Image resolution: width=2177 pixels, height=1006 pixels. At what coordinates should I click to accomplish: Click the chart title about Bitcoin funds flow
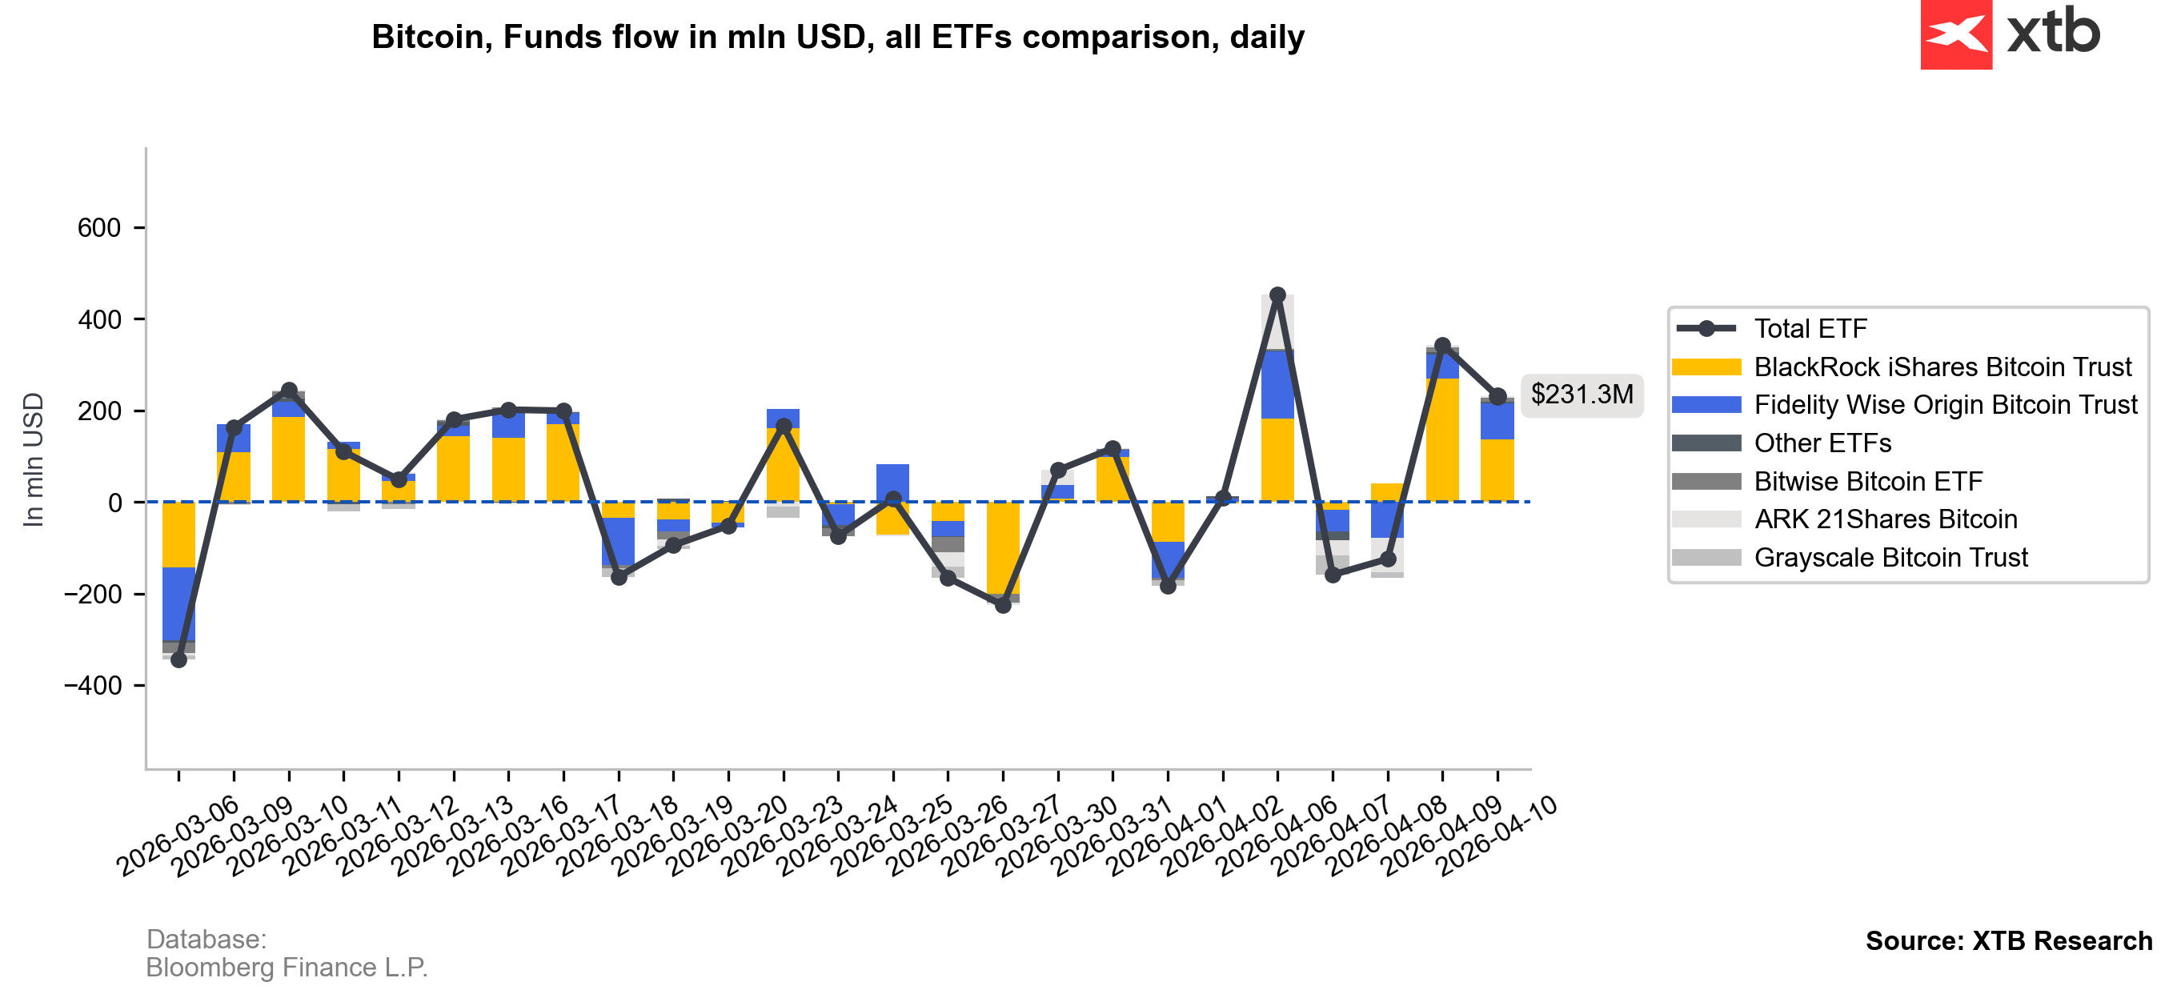point(837,37)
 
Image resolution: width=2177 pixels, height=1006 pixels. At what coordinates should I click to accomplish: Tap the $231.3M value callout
point(1582,395)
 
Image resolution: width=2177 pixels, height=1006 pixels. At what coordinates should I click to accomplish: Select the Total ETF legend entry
point(1810,329)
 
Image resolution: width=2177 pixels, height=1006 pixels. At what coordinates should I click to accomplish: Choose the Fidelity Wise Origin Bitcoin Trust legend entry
point(1945,405)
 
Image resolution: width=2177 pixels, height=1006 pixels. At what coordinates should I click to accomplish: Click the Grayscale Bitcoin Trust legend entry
point(1890,558)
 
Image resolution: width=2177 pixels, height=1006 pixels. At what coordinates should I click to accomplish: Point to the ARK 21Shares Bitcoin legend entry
point(1885,519)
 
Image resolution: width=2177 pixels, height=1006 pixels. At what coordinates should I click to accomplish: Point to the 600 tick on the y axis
point(99,228)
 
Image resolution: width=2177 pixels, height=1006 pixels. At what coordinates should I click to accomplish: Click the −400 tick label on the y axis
point(92,686)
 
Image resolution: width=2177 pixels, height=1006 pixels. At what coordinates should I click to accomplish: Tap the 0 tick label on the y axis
point(115,503)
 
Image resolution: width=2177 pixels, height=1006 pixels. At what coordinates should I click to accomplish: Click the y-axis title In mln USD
point(33,460)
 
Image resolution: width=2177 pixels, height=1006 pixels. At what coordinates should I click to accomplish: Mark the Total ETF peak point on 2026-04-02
point(1277,295)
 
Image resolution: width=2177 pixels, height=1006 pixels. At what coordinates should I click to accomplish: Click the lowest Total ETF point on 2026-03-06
point(178,659)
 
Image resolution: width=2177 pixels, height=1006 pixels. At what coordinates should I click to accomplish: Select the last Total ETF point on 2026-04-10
point(1497,396)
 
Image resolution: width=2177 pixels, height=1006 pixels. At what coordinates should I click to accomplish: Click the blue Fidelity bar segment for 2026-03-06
point(178,604)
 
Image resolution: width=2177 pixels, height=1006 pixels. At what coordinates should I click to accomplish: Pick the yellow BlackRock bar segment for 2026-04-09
point(1441,439)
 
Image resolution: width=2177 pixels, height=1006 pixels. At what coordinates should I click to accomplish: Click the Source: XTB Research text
point(2008,941)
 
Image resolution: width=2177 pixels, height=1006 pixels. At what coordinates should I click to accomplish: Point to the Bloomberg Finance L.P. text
point(287,967)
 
